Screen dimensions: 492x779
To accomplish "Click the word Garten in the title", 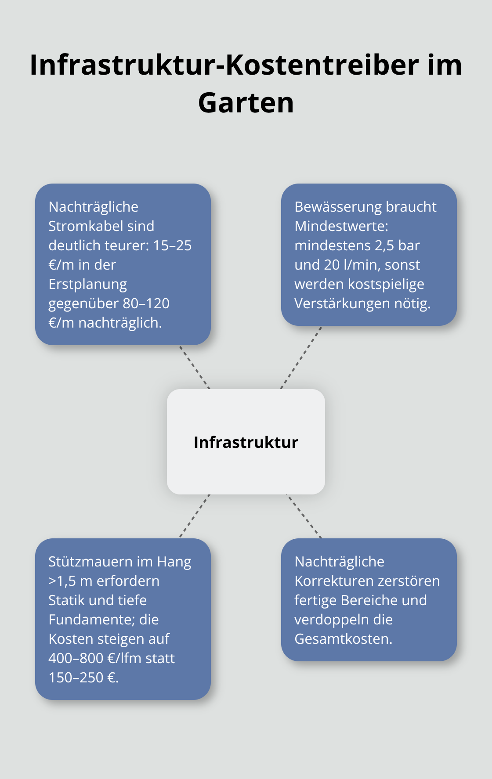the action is [246, 103].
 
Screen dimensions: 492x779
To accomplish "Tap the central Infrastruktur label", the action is [246, 442].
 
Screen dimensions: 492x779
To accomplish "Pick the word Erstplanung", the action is [87, 284].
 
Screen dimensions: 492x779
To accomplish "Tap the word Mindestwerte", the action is [341, 226].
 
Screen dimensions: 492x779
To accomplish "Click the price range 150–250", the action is [76, 678].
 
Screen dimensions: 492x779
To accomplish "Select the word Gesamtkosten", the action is [343, 639].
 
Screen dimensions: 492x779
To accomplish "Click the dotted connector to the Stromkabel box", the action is [195, 367].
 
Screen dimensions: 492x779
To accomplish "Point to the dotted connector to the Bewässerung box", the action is [301, 357].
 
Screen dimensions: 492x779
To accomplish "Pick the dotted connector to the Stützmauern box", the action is [195, 516].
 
